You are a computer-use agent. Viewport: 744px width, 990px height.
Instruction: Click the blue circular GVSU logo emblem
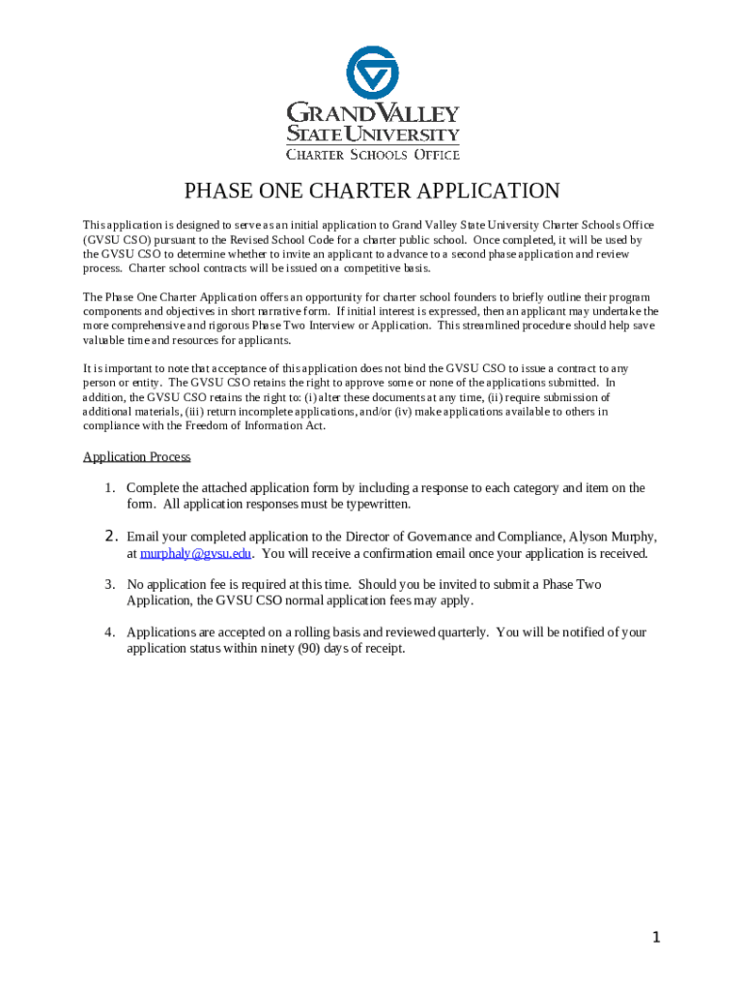point(372,73)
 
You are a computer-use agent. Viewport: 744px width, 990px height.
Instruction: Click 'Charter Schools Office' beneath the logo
point(372,154)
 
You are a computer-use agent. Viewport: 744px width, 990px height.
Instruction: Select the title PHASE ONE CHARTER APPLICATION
point(372,191)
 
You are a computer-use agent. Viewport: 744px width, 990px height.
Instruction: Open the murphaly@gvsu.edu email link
point(195,554)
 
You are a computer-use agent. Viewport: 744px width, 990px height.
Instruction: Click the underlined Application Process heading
point(136,457)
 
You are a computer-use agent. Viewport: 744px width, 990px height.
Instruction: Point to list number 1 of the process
point(110,488)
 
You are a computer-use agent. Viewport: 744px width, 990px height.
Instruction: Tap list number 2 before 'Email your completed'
point(110,537)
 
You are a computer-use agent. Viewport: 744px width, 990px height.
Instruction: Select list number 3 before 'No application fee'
point(110,585)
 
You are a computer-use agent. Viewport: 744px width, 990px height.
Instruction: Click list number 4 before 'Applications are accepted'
point(110,632)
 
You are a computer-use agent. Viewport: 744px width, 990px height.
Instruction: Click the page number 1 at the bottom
point(656,937)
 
